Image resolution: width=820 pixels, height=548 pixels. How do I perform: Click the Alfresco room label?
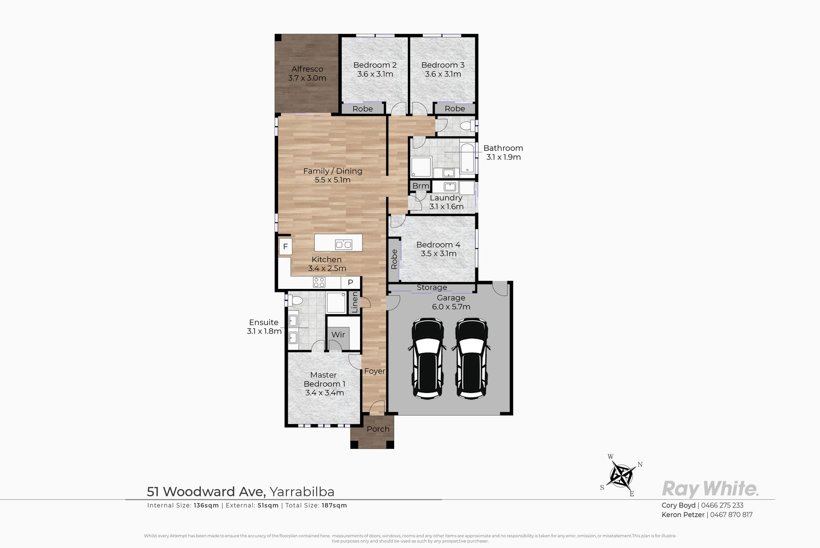[x=307, y=69]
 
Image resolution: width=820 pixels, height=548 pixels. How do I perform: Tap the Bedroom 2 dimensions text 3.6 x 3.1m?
[x=375, y=74]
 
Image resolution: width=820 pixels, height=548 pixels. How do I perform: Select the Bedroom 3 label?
[x=443, y=65]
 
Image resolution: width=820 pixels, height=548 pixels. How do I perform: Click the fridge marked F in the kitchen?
[x=285, y=247]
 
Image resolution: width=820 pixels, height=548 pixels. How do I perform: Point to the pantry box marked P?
[x=351, y=283]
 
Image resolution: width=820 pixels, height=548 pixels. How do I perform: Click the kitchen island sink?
[x=343, y=245]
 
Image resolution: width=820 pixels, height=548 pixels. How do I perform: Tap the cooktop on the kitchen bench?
[x=319, y=282]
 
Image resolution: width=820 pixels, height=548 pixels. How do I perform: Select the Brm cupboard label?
[x=421, y=186]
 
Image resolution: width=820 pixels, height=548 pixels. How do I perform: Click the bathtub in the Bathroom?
[x=468, y=159]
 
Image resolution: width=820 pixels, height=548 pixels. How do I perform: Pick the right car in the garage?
[x=470, y=358]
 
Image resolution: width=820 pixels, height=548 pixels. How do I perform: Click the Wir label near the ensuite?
[x=338, y=335]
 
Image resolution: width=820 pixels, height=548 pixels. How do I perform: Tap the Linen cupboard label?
[x=354, y=302]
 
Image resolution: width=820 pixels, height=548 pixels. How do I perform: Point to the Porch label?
[x=378, y=429]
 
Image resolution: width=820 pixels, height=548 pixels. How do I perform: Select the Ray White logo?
[x=710, y=488]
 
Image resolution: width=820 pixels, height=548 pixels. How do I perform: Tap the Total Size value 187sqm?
[x=335, y=505]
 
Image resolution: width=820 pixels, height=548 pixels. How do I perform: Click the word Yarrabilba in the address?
[x=302, y=492]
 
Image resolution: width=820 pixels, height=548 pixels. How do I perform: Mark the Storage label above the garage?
[x=432, y=287]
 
